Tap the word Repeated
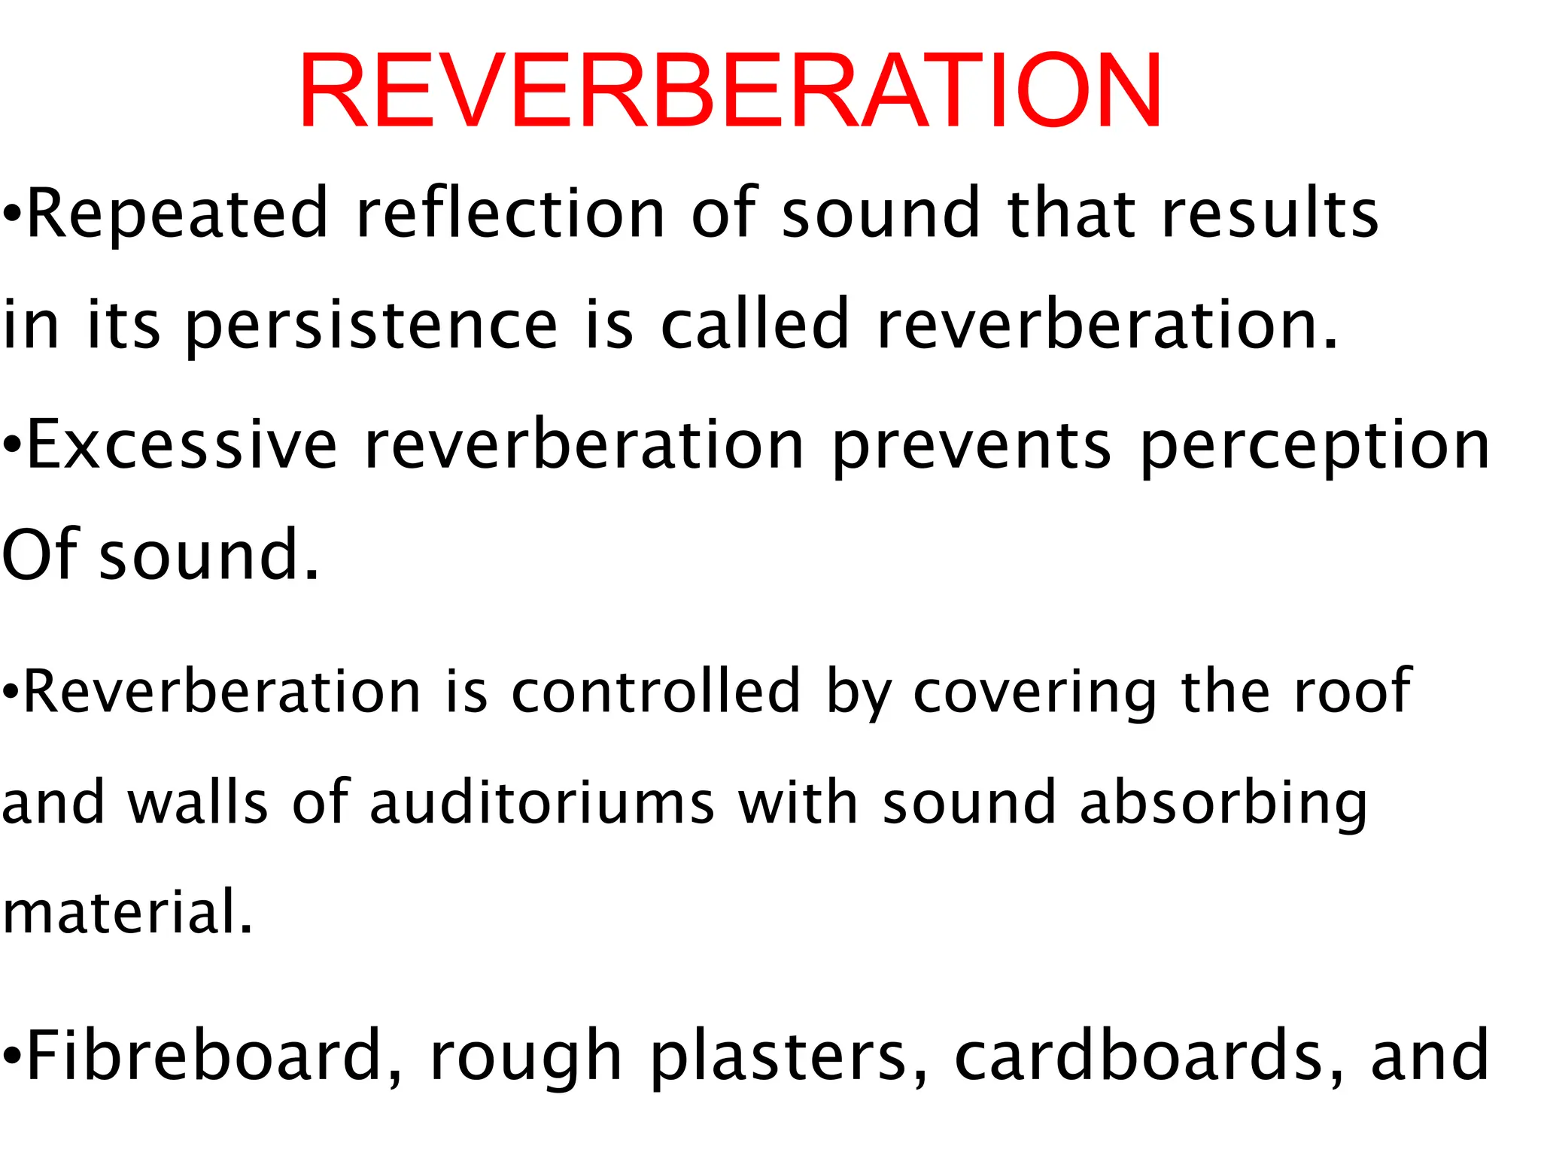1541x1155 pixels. [x=178, y=214]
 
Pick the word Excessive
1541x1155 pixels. [x=182, y=446]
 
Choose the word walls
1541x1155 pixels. [x=198, y=802]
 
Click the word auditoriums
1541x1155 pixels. [x=542, y=802]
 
